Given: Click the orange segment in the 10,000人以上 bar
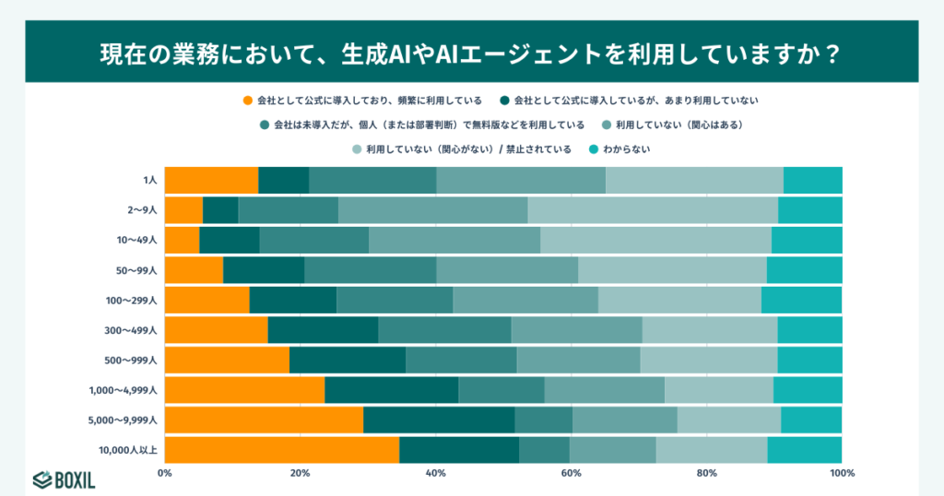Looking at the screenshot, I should click(x=282, y=450).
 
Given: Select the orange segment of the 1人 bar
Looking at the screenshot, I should click(x=211, y=180).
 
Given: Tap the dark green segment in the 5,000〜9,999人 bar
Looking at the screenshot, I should click(x=439, y=419).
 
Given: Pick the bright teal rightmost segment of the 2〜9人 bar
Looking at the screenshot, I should click(x=809, y=210).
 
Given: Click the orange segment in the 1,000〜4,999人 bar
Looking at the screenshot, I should click(x=244, y=390).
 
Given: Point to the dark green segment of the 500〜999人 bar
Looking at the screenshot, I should click(x=347, y=360).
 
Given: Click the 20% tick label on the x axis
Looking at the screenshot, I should click(x=300, y=474).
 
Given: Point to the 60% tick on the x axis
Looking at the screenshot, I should click(x=571, y=474).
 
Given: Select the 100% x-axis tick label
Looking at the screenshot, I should click(x=841, y=474).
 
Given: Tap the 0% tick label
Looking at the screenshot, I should click(x=165, y=474).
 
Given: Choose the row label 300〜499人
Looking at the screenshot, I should click(x=131, y=330).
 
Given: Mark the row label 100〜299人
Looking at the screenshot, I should click(x=131, y=301).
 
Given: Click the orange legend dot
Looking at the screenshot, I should click(x=247, y=100).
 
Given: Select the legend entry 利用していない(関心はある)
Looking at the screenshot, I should click(x=679, y=124).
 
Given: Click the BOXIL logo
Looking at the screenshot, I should click(x=64, y=479).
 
